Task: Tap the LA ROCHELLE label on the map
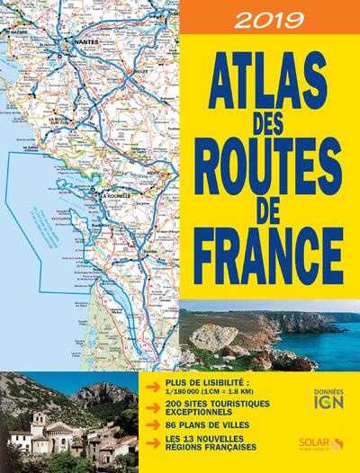pos(116,195)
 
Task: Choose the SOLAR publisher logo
pos(315,443)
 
